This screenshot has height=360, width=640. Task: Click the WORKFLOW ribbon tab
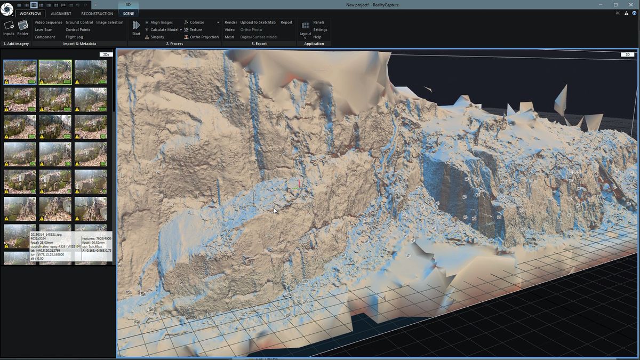point(30,13)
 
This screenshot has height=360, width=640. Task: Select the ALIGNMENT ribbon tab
point(61,13)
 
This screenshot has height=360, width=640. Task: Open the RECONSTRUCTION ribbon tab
point(97,13)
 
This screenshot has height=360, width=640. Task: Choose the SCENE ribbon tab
point(129,13)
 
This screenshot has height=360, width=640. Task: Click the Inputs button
point(9,27)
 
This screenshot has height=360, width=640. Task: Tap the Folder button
point(23,27)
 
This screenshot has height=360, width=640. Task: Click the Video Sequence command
point(49,22)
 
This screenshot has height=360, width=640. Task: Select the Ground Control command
point(79,22)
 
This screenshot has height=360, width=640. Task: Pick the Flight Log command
point(74,37)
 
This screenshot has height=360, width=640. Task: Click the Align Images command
point(162,22)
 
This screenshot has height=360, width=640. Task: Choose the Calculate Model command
point(164,30)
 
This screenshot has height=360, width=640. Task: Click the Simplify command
point(157,37)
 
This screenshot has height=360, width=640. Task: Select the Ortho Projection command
point(204,37)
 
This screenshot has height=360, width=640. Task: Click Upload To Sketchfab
point(258,22)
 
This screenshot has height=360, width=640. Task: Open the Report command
point(286,22)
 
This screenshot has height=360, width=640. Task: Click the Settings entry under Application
point(320,30)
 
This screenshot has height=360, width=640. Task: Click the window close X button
point(629,5)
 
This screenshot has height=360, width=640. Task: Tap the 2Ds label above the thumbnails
point(106,54)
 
